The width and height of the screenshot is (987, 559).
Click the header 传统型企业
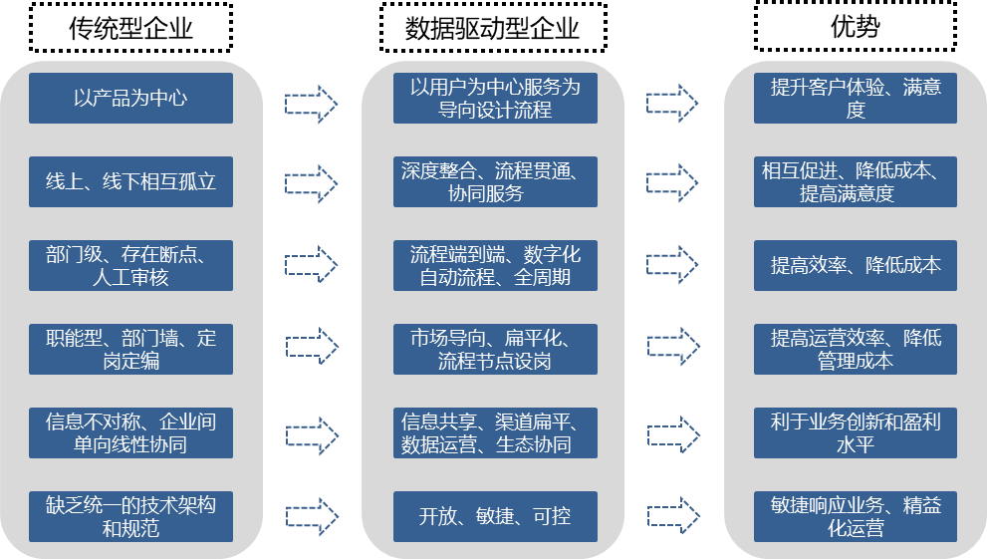130,27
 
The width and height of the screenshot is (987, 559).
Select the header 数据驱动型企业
492,27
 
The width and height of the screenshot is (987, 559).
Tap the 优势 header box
855,27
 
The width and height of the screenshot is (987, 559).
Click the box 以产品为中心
130,99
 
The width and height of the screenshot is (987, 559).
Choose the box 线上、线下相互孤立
130,182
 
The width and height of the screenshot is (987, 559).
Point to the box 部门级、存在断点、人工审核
130,266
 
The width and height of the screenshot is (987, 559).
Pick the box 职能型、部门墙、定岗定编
130,349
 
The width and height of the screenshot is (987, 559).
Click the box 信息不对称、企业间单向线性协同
130,432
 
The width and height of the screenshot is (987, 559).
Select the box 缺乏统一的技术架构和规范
130,516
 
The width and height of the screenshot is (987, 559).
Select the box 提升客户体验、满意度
856,99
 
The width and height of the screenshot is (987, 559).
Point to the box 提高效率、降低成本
856,266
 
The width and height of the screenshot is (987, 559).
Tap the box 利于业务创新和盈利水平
856,432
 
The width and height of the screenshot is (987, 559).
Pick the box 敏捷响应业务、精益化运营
856,516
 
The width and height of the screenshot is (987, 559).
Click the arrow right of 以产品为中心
312,102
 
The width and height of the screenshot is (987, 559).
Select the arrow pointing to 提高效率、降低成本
673,264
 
